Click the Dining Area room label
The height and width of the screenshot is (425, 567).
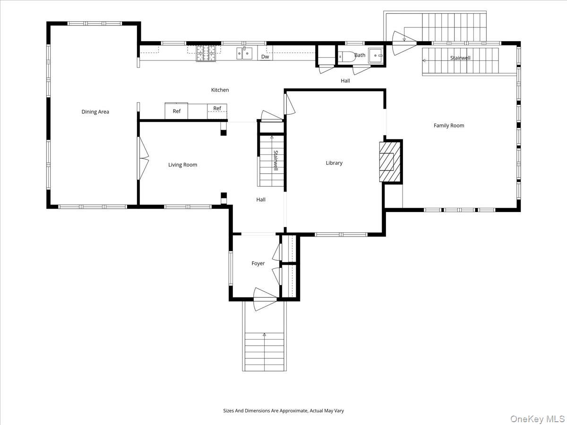[x=95, y=112]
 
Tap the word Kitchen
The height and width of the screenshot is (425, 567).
[x=220, y=90]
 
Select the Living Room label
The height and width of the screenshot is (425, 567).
[x=182, y=165]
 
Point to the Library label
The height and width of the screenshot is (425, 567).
[x=334, y=163]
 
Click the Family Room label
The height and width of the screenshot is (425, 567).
[x=449, y=126]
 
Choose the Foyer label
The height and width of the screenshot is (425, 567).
[x=258, y=263]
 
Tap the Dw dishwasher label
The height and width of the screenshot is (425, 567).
[x=265, y=57]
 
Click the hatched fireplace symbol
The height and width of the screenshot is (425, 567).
[x=390, y=161]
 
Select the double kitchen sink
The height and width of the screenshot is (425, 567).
[x=244, y=53]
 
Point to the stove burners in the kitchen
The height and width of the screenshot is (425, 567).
[x=206, y=53]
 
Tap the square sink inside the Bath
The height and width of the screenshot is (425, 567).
[x=376, y=55]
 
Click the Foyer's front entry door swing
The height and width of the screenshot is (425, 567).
[x=265, y=300]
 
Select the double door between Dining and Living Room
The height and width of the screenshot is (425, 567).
[x=143, y=158]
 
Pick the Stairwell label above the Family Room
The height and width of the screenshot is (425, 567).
[x=460, y=58]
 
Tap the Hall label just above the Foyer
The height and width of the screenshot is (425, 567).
[x=261, y=200]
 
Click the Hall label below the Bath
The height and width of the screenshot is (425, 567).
[x=345, y=81]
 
